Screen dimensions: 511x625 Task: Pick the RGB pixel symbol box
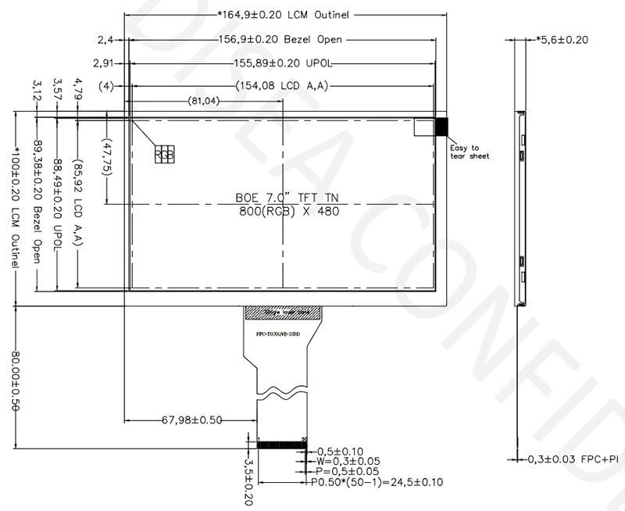click(x=164, y=154)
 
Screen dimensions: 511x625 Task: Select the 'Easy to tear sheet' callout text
click(x=470, y=152)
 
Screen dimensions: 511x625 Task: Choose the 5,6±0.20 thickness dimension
click(x=562, y=39)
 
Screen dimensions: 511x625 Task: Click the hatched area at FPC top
click(x=282, y=313)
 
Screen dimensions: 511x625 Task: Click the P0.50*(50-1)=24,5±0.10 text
click(x=377, y=482)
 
